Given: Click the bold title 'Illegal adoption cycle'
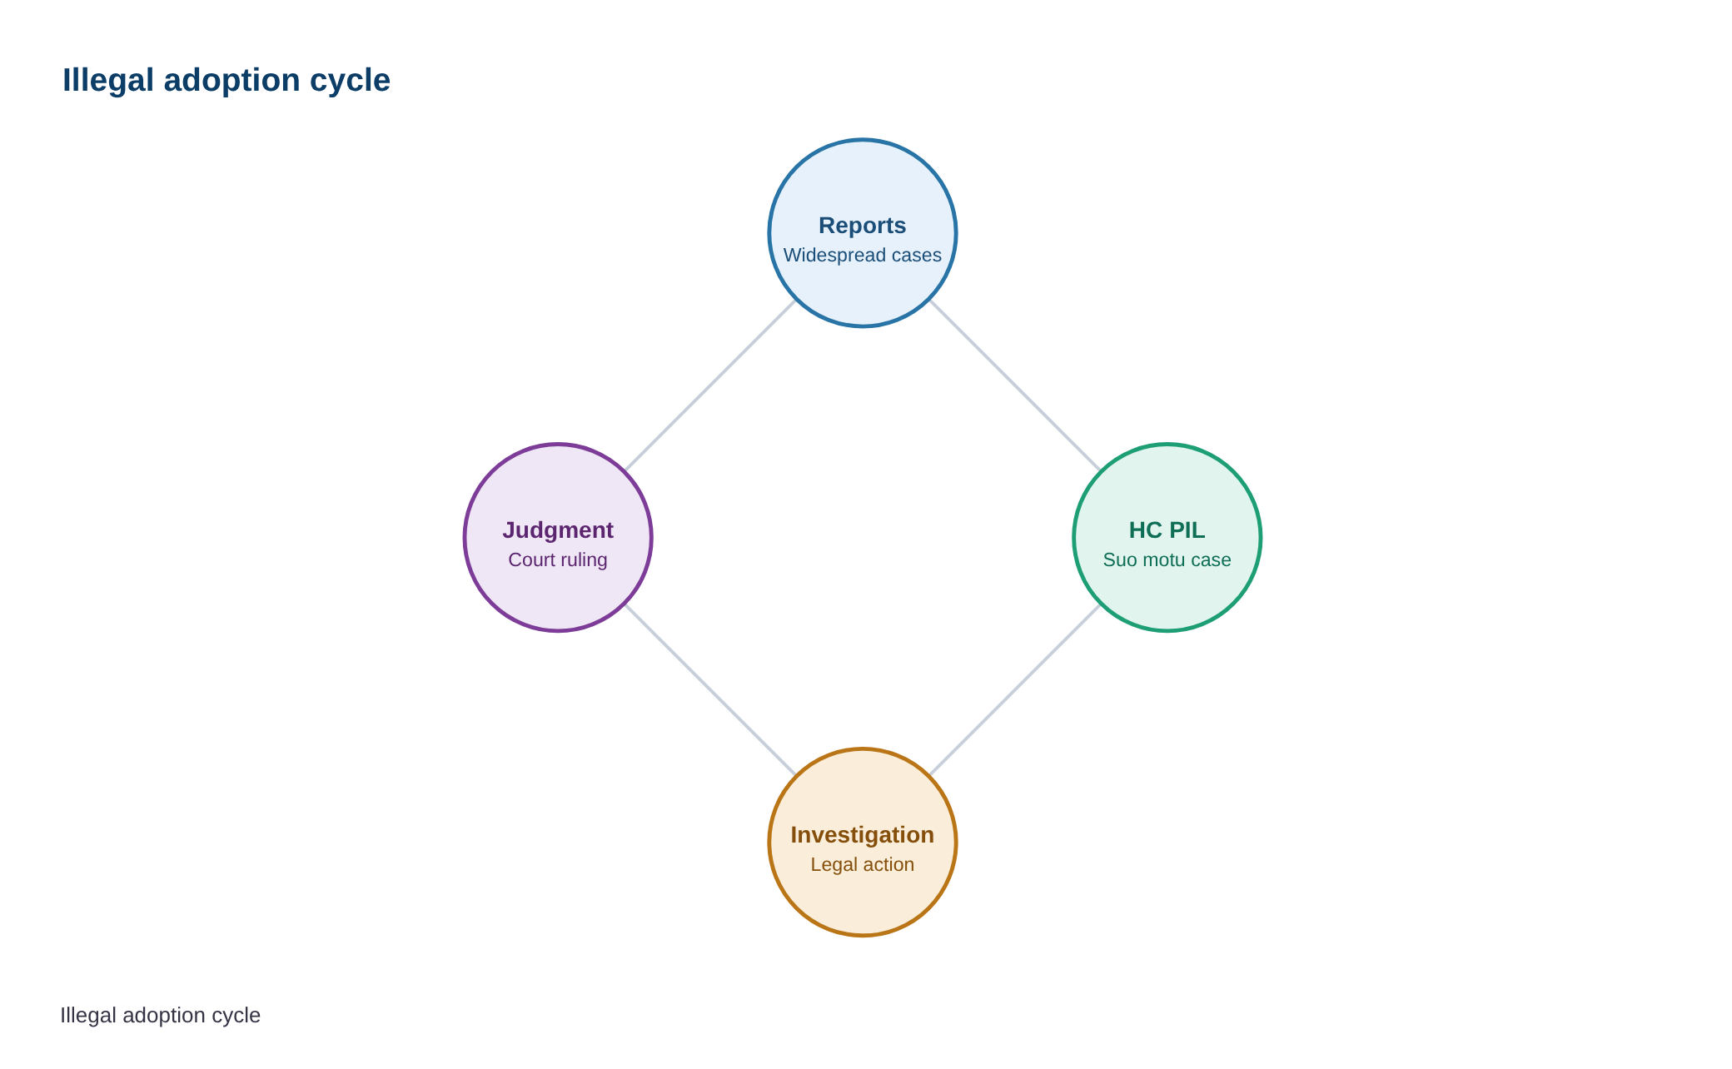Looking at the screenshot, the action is coord(226,81).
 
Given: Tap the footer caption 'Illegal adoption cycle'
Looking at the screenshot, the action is coord(161,1015).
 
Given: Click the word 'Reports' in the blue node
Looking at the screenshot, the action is coord(863,226).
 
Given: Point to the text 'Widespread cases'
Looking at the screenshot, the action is coord(863,256).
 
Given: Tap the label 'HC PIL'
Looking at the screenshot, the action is coord(1167,530).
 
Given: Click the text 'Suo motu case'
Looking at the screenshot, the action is coord(1167,560).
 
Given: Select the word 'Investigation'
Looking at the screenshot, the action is coord(863,835).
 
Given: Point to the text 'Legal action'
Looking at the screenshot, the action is coord(863,865).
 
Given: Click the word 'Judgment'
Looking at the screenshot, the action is coord(558,530).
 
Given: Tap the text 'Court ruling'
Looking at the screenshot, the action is coord(558,560).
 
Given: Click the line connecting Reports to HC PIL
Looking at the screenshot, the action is coord(1015,385).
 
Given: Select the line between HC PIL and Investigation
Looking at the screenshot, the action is coord(1015,690).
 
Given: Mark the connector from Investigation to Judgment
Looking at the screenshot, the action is coord(710,690).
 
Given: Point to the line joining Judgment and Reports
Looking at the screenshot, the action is coord(710,385).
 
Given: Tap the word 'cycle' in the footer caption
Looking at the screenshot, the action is coord(239,1016).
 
